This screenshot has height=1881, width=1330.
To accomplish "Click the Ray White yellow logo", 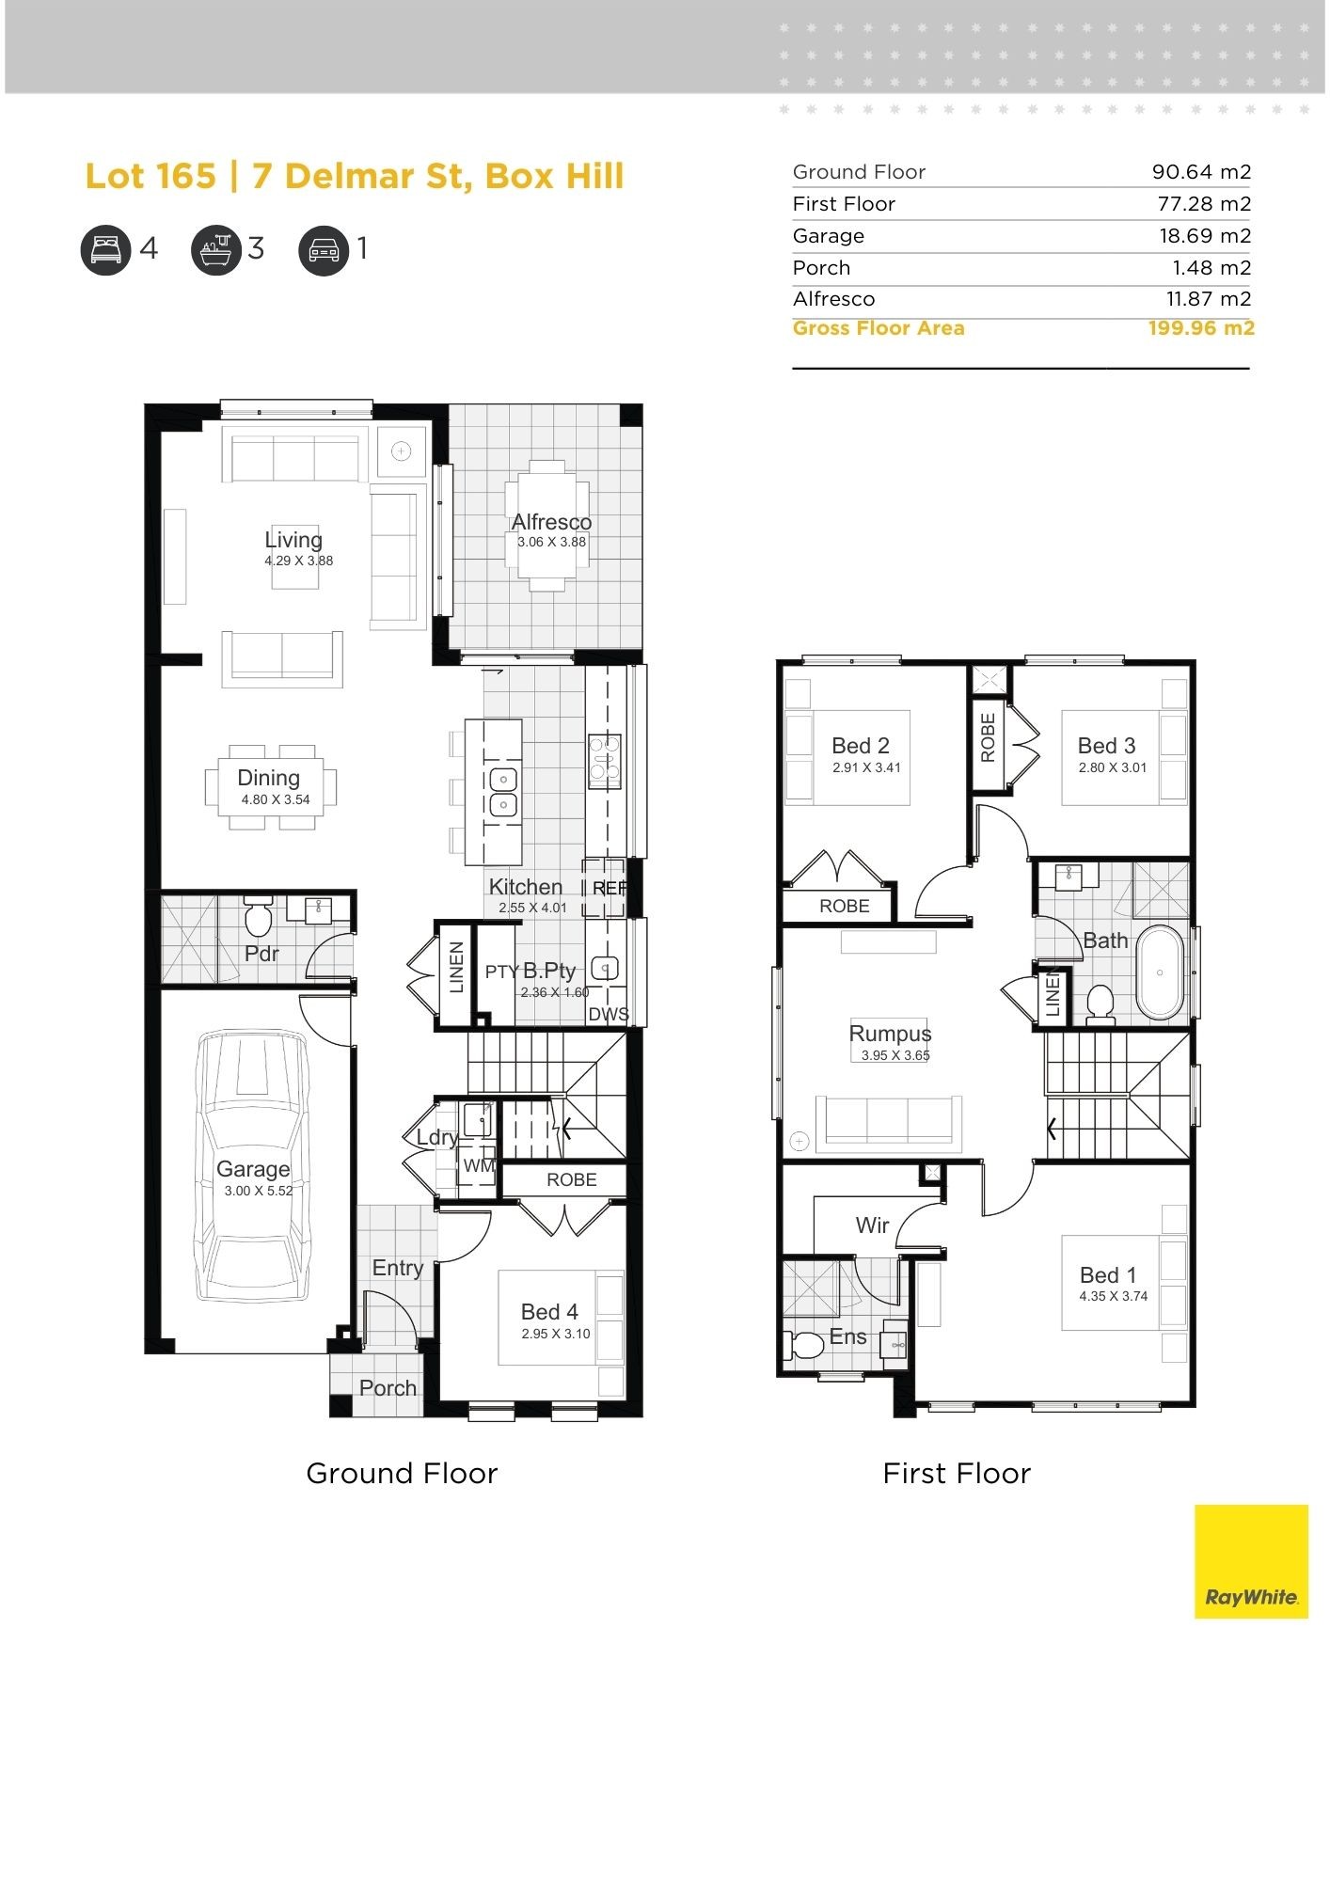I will [1250, 1560].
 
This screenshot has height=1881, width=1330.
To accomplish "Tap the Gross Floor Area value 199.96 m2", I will [1200, 328].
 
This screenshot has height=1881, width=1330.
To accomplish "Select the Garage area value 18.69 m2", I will [1204, 236].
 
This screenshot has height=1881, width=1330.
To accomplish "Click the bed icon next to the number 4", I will [105, 250].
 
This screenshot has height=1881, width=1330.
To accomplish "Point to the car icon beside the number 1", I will [324, 250].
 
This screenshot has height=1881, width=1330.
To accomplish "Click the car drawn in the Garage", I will [253, 1166].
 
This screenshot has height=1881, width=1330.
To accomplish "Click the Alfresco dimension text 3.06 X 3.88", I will [551, 542].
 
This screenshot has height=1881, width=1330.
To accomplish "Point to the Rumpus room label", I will [890, 1034].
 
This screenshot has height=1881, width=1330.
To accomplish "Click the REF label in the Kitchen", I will [609, 888].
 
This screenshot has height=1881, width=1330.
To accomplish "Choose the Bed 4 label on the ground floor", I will [549, 1311].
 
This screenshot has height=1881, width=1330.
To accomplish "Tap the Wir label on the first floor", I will [872, 1225].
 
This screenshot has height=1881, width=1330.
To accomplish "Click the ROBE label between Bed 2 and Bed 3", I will [988, 737].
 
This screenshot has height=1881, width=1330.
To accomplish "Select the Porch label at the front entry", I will [388, 1387].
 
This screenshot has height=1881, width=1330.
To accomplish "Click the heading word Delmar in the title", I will [348, 176].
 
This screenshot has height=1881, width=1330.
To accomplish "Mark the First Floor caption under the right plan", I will [956, 1473].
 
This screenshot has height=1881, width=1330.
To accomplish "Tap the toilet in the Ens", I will [805, 1344].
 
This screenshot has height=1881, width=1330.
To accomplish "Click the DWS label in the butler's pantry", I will [608, 1014].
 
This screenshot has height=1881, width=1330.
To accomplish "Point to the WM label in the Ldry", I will [478, 1165].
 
